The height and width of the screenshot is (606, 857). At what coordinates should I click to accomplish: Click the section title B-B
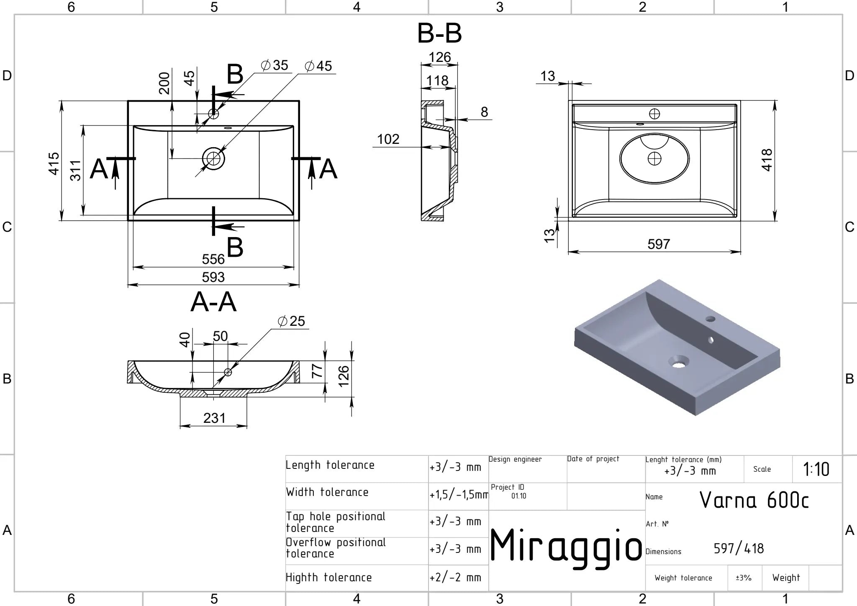pos(439,33)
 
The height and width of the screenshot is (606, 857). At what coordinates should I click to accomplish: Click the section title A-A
pos(213,302)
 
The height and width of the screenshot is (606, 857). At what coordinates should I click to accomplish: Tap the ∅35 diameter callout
pos(275,65)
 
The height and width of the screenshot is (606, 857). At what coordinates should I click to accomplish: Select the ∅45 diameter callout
pos(318,66)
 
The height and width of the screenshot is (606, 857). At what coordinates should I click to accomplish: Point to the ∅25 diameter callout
pos(292,321)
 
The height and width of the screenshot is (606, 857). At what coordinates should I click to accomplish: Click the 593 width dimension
pos(213,277)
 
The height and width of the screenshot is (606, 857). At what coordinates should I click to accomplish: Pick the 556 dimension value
pos(213,259)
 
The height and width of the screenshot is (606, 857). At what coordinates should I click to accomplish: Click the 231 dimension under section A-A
pos(214,418)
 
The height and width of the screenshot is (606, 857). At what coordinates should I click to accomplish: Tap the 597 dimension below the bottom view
pos(659,244)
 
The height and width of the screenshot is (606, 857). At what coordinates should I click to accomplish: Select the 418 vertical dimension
pos(767,160)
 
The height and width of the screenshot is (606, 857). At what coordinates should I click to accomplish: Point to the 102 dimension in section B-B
pos(388,139)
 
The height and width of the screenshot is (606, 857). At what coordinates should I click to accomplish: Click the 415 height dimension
pos(54,164)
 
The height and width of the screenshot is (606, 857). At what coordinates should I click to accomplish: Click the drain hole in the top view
pos(213,159)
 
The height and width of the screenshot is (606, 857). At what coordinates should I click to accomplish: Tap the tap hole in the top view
pos(213,113)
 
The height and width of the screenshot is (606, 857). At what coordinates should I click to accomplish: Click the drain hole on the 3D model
pos(678,362)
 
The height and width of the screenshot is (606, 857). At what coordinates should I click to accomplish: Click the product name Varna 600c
pos(754,500)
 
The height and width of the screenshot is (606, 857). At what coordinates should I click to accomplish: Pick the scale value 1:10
pos(816,469)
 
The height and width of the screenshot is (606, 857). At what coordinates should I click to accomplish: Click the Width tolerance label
pos(327,492)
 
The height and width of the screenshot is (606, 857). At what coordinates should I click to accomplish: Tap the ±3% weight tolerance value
pos(744,578)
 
